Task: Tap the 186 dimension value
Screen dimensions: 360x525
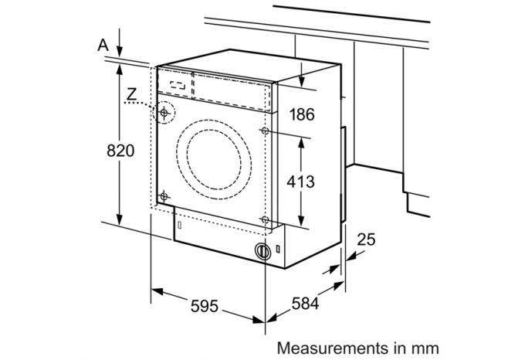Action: tap(303, 115)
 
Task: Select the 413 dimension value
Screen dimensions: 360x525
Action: tap(301, 182)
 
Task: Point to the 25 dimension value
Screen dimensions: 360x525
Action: tap(367, 240)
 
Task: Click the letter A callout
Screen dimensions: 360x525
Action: tap(103, 46)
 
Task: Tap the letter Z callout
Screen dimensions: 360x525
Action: tap(132, 95)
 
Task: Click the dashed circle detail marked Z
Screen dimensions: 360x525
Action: tap(164, 113)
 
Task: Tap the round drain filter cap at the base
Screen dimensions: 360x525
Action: tap(263, 251)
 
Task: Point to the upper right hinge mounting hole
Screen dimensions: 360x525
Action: tap(266, 132)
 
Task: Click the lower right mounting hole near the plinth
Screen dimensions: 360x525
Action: tap(266, 220)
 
